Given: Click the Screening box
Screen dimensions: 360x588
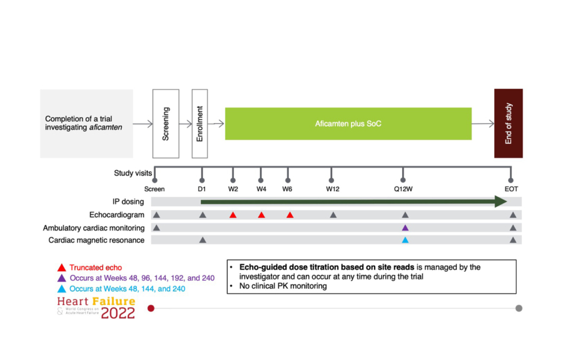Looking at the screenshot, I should tap(166, 123).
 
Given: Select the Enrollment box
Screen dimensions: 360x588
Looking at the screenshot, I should tap(200, 123).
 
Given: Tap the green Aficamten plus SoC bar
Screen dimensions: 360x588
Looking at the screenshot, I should tap(348, 124).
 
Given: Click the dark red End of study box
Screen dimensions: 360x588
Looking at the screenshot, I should tap(508, 123).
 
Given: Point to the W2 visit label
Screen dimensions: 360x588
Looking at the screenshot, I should tap(233, 189).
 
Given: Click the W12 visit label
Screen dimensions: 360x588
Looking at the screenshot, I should tap(332, 189).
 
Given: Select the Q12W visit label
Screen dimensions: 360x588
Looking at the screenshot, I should tap(403, 189).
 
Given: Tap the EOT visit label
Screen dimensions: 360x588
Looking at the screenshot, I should tap(512, 189).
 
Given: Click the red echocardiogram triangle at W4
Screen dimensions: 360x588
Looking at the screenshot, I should tap(261, 215).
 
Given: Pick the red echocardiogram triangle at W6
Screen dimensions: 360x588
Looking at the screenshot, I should tap(290, 215).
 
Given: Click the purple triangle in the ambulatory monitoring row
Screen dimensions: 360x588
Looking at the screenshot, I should tap(405, 227).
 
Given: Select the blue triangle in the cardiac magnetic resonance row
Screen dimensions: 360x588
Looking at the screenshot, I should tap(405, 240).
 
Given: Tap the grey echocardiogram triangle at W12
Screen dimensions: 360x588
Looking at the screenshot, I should tap(333, 215).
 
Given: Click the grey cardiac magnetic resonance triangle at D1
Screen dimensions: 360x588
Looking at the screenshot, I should tap(203, 240).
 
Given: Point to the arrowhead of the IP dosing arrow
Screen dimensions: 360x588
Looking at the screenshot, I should tap(500, 201).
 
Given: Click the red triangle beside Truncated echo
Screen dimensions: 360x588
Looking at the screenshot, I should tap(61, 267).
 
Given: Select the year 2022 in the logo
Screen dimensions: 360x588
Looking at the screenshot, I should tap(118, 313).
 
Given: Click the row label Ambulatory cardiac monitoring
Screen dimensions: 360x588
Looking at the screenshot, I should tap(94, 227).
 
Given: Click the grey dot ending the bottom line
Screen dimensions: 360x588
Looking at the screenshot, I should tap(519, 308).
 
